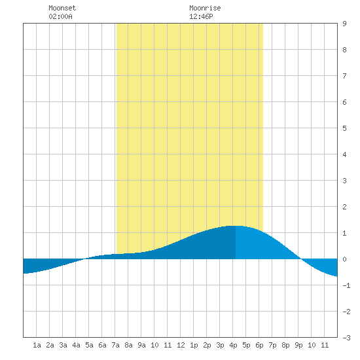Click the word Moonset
pos(62,8)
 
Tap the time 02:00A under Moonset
pos(60,16)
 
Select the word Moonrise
pos(205,8)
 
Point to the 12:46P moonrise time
pos(201,16)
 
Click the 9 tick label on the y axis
pos(344,24)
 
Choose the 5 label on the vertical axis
pos(344,128)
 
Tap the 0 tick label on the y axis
pos(344,259)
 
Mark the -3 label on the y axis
pos(346,338)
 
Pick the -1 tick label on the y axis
pos(346,285)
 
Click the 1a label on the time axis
pos(37,345)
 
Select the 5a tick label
pos(89,345)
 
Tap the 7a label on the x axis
pos(115,345)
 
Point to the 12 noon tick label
pos(181,345)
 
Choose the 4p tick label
pos(233,346)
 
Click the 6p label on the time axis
pos(259,346)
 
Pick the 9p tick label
pos(298,346)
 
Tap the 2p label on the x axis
pos(207,346)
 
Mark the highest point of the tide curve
pos(236,226)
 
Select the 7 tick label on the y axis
pos(344,76)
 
